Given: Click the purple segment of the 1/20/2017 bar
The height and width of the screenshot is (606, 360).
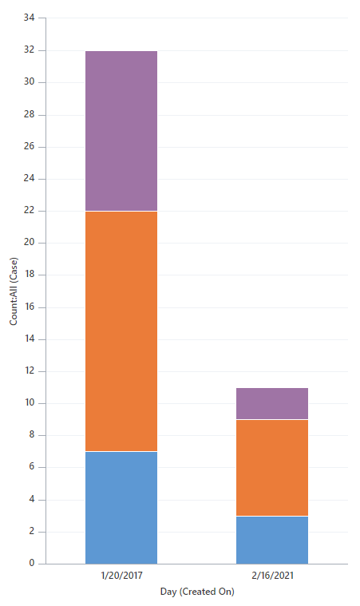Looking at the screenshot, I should (121, 131).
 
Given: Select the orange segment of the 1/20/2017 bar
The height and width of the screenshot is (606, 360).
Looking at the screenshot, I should (121, 331).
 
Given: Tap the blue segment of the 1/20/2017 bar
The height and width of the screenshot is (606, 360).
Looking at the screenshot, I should (121, 508).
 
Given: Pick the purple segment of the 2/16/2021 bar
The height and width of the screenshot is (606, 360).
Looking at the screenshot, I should (272, 403).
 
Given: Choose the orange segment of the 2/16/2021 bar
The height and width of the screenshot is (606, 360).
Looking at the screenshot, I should (272, 468).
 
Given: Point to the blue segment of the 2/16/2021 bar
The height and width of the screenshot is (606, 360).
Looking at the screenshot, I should (272, 540).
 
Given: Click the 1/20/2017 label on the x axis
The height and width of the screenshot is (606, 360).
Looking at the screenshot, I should (121, 575).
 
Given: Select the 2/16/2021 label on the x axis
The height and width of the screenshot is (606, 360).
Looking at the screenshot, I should (272, 575).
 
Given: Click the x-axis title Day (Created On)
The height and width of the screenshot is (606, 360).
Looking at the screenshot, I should (196, 592).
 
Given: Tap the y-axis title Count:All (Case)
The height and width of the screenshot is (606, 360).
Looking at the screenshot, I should (14, 291).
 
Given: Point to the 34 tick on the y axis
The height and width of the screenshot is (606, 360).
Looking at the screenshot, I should (30, 18).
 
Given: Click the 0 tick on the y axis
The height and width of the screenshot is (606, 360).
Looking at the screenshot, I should (32, 564).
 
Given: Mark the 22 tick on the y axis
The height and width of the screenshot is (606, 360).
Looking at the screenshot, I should (30, 211).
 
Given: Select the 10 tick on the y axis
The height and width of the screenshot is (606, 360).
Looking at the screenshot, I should (30, 403).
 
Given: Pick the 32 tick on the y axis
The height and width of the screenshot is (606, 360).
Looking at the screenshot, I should (30, 50).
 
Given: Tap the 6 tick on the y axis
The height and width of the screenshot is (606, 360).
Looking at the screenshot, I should (32, 467).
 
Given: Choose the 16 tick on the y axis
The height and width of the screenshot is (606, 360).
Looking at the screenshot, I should (30, 307).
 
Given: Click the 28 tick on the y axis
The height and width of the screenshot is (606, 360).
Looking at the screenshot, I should (30, 114).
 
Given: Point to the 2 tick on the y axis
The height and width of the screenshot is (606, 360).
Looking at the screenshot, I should (32, 532).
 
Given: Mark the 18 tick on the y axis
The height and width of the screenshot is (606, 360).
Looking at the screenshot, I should (30, 275).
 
